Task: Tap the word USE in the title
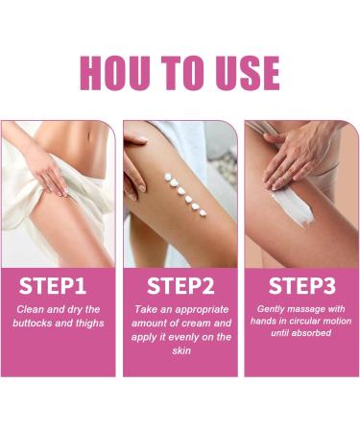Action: click(244, 72)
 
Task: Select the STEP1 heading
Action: click(59, 286)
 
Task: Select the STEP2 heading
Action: click(180, 286)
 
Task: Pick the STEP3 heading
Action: click(300, 286)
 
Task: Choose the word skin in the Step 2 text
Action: click(180, 352)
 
